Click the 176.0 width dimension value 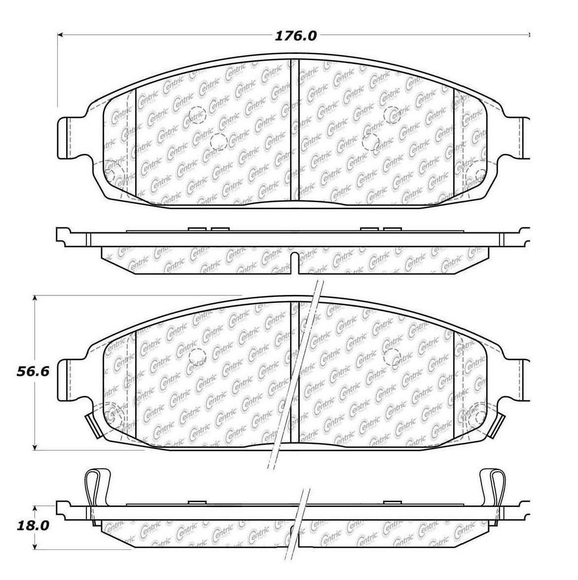tap(295, 36)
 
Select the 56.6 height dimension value tap(33, 371)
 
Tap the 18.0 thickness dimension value tap(33, 526)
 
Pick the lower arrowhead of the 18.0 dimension tap(35, 545)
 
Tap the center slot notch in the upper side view tap(294, 262)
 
